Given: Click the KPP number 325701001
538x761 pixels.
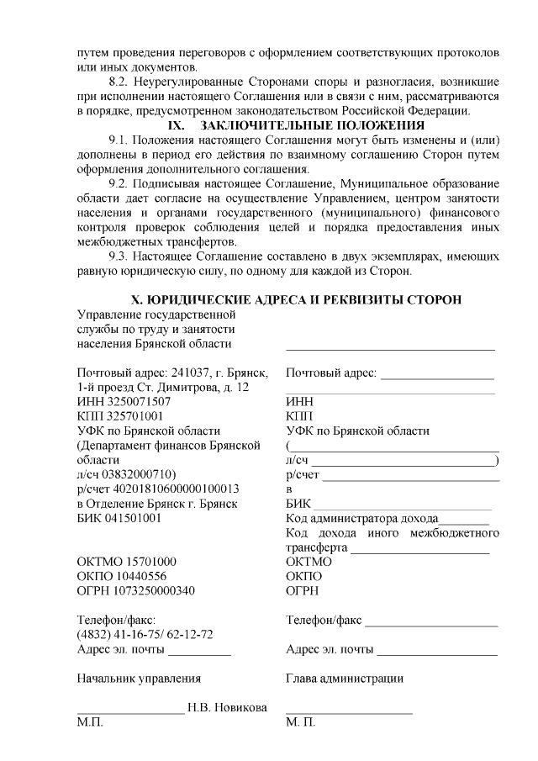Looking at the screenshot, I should (133, 416).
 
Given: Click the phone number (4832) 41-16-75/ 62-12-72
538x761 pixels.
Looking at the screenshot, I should (144, 634).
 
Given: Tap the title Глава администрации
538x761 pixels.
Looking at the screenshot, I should (344, 678).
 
